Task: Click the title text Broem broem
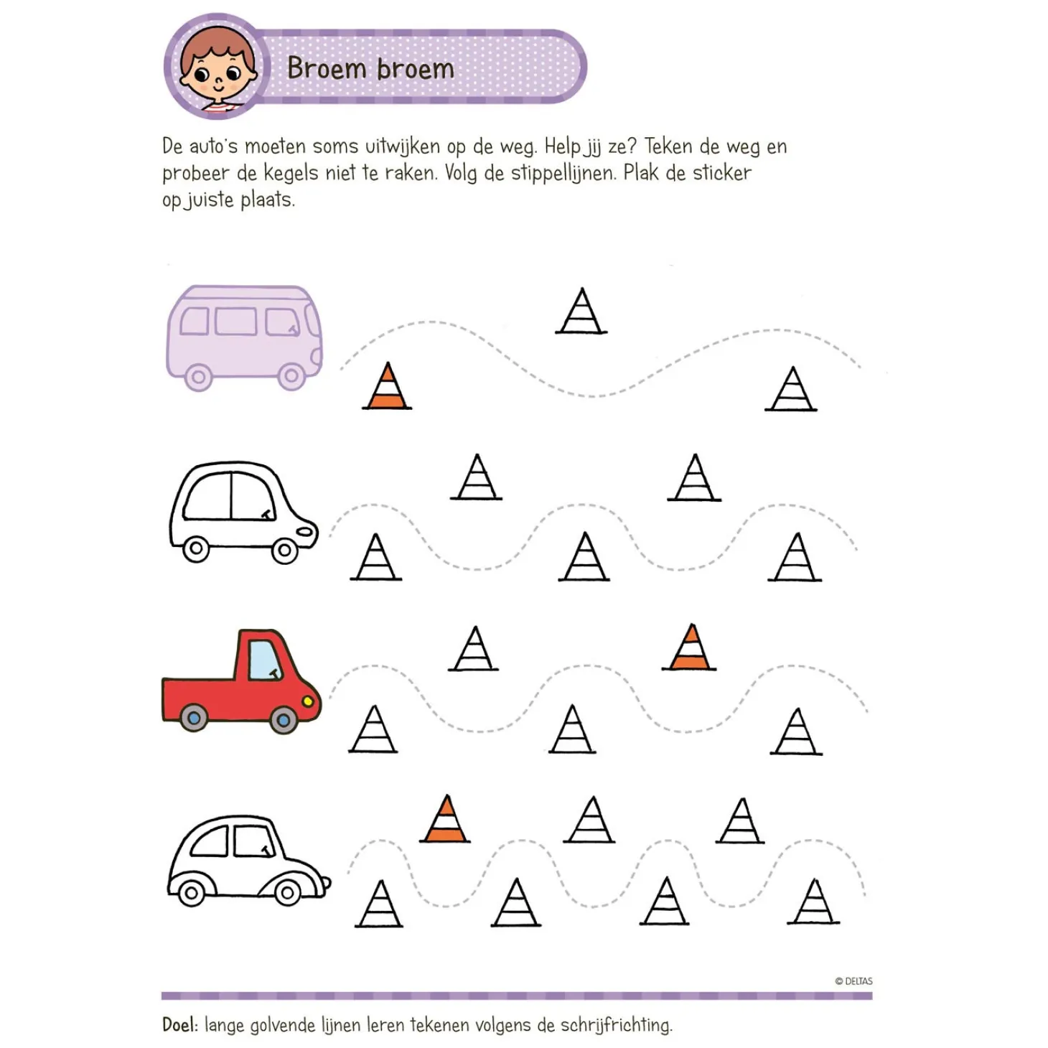[370, 69]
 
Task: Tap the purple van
[244, 336]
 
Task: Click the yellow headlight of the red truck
[309, 700]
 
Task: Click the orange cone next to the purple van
[387, 388]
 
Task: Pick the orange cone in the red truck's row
[689, 648]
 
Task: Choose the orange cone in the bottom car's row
[446, 820]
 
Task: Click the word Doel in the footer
[179, 1024]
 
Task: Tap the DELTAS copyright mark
[853, 981]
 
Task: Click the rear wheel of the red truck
[194, 717]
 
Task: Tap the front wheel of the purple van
[291, 375]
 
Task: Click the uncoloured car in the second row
[242, 512]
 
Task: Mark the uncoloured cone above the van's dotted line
[581, 312]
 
